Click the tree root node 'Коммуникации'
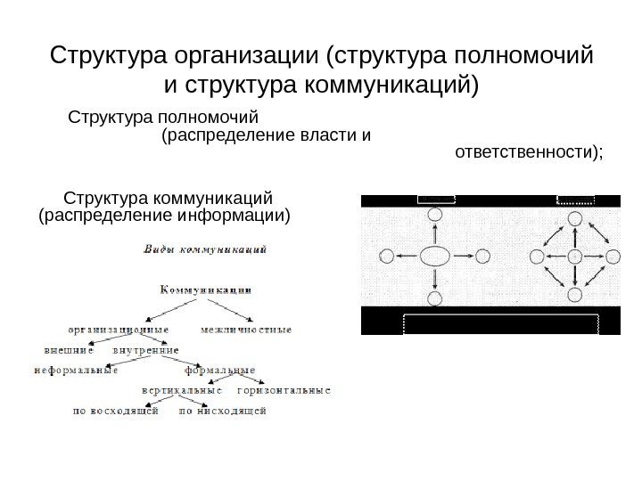[205, 289]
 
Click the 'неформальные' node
[76, 371]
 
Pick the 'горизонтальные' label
[284, 390]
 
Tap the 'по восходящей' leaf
[116, 412]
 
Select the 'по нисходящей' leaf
[223, 412]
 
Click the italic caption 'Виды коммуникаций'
[206, 250]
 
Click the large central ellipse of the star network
[434, 257]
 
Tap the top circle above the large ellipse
[434, 215]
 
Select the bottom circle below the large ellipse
[434, 298]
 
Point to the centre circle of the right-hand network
[576, 257]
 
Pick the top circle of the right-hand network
[576, 215]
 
